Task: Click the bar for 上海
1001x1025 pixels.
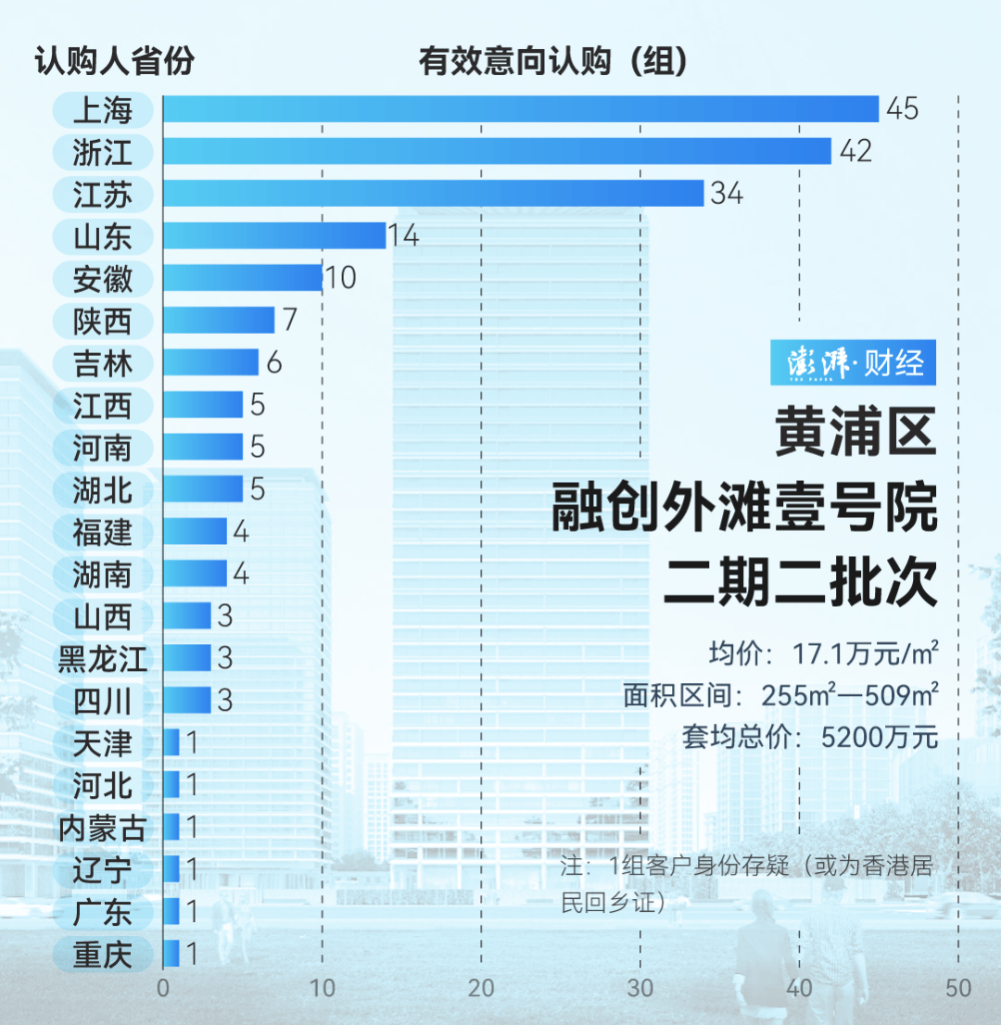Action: [x=521, y=109]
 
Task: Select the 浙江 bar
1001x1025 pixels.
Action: [x=497, y=151]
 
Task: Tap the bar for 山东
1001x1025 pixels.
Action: [x=274, y=235]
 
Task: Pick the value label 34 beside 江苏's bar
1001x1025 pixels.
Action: [x=728, y=194]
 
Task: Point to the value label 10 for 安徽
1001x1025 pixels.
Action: [x=341, y=278]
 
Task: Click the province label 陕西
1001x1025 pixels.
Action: [x=103, y=322]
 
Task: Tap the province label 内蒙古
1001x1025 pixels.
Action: [x=103, y=828]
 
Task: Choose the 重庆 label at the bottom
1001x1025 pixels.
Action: [x=103, y=955]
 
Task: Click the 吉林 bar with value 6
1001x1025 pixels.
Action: [x=210, y=362]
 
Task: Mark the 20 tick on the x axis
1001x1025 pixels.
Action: [x=481, y=988]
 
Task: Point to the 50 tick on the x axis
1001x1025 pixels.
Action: [x=958, y=988]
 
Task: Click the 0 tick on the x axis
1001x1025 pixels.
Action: [x=163, y=988]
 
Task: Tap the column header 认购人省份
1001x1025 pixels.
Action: [x=115, y=62]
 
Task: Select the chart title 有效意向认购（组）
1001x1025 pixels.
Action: [x=552, y=62]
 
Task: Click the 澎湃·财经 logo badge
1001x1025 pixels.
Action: [x=853, y=362]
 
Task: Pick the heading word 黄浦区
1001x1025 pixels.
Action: [x=856, y=435]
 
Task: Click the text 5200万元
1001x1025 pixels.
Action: [x=880, y=737]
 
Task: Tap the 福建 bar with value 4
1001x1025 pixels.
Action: [x=195, y=531]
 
